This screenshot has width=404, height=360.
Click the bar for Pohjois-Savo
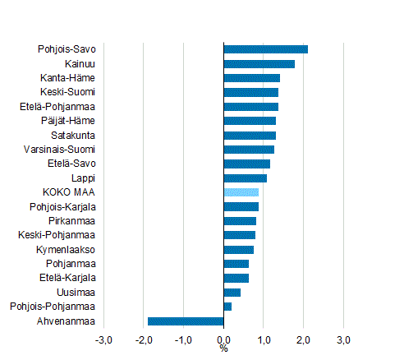[x=265, y=49]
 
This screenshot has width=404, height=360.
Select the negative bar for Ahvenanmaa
[x=186, y=321]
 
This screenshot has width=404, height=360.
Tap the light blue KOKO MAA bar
[x=241, y=192]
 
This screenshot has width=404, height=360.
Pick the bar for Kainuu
[x=259, y=64]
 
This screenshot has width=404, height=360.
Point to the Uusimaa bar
[x=232, y=293]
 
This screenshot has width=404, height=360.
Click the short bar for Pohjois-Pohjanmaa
[x=227, y=307]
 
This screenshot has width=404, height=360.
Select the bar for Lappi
[x=245, y=178]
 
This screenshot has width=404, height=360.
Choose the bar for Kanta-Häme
[x=251, y=78]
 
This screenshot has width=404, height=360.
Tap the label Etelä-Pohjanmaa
[x=57, y=107]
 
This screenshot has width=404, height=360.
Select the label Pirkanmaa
[x=71, y=221]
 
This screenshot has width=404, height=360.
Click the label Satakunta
[x=73, y=136]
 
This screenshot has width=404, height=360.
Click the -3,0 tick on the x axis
[x=103, y=339]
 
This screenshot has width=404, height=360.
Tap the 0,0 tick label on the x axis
[x=223, y=339]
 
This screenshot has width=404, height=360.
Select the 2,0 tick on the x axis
[x=303, y=339]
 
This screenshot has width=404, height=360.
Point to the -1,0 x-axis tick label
[x=183, y=339]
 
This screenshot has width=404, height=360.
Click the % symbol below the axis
[x=223, y=349]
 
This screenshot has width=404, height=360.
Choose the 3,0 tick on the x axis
[x=343, y=339]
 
